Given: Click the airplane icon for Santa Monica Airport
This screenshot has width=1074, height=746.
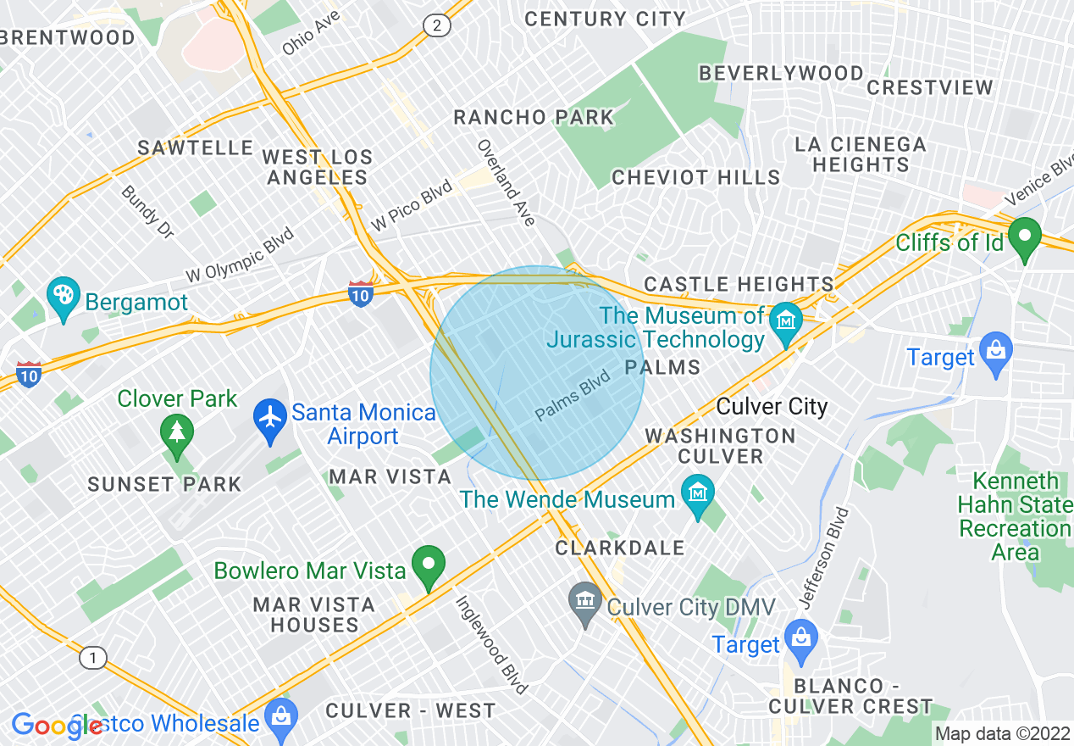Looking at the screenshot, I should [x=270, y=419].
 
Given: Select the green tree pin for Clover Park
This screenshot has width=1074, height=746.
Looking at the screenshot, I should [x=177, y=432].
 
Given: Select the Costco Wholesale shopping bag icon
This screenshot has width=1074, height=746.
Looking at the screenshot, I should [x=280, y=719].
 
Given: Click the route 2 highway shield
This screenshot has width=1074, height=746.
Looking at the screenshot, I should [x=436, y=26].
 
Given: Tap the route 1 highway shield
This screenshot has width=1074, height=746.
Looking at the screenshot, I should [x=92, y=658].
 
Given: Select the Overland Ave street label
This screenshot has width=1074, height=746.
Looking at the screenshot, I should [x=507, y=182].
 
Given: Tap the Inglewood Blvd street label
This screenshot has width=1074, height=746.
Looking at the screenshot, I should [x=491, y=643].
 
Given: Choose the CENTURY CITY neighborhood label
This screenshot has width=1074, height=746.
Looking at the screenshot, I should [x=605, y=19].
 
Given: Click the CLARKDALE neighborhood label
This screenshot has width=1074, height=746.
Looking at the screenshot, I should [x=620, y=548].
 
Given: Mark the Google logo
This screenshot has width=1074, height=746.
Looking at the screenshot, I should [x=56, y=726].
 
